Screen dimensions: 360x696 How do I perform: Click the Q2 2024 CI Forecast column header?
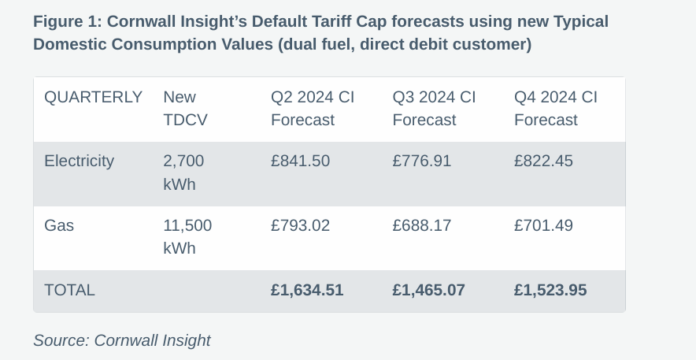pyautogui.click(x=313, y=109)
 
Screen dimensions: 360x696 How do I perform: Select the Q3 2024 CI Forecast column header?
pyautogui.click(x=434, y=109)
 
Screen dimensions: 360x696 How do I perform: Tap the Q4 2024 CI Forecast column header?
pyautogui.click(x=556, y=109)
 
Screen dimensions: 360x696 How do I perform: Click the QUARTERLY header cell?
pyautogui.click(x=93, y=98)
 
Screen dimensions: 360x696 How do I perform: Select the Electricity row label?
pyautogui.click(x=79, y=161)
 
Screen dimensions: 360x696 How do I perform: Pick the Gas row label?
pyautogui.click(x=59, y=225)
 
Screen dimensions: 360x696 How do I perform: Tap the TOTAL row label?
pyautogui.click(x=69, y=290)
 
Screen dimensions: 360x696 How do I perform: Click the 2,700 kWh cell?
pyautogui.click(x=183, y=173)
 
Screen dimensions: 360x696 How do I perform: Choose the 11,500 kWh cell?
pyautogui.click(x=187, y=236)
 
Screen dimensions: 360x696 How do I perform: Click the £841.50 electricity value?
pyautogui.click(x=300, y=161)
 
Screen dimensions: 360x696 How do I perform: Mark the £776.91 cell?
pyautogui.click(x=421, y=161)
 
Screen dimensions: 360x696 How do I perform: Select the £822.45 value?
pyautogui.click(x=543, y=161)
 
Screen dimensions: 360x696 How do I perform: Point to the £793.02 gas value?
pyautogui.click(x=300, y=225)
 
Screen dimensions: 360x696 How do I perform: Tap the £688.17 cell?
pyautogui.click(x=421, y=225)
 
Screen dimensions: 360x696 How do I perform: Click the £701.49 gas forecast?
pyautogui.click(x=543, y=225)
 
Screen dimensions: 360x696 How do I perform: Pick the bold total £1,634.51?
pyautogui.click(x=307, y=290)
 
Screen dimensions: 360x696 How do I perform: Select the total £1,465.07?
pyautogui.click(x=428, y=290)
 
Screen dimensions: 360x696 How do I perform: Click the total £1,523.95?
pyautogui.click(x=550, y=290)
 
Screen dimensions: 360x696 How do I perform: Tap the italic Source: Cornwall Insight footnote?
pyautogui.click(x=122, y=340)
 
